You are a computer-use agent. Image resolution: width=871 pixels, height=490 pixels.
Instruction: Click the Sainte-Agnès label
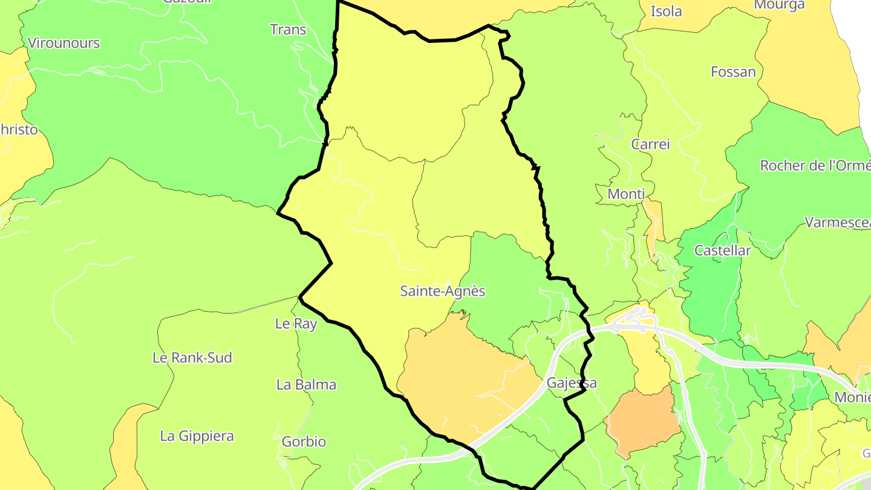click(x=443, y=291)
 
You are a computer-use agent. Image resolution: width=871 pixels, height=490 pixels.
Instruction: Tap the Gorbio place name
click(x=304, y=442)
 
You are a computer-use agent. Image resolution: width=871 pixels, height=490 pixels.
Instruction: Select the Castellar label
click(x=722, y=250)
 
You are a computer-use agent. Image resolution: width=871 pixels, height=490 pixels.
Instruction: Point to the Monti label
click(x=626, y=194)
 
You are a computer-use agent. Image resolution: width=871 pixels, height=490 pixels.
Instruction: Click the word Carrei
click(x=650, y=144)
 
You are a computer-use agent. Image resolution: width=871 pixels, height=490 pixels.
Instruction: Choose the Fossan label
click(x=733, y=72)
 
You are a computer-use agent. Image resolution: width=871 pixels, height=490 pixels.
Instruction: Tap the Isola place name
click(x=666, y=11)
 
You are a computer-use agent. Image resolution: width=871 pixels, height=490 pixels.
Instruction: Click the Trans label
click(x=288, y=30)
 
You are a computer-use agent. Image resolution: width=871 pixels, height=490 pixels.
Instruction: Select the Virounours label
click(x=64, y=43)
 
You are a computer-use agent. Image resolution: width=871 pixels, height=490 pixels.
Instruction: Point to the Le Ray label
click(x=296, y=324)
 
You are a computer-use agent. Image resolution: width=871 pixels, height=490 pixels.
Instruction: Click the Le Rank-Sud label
click(x=192, y=358)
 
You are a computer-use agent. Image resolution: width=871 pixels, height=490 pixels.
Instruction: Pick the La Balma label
click(x=306, y=385)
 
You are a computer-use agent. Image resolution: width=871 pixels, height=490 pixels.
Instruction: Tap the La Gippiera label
click(x=197, y=436)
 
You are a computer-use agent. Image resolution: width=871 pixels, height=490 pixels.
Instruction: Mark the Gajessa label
click(x=571, y=383)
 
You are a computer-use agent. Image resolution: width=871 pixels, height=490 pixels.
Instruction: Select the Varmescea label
click(x=837, y=222)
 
